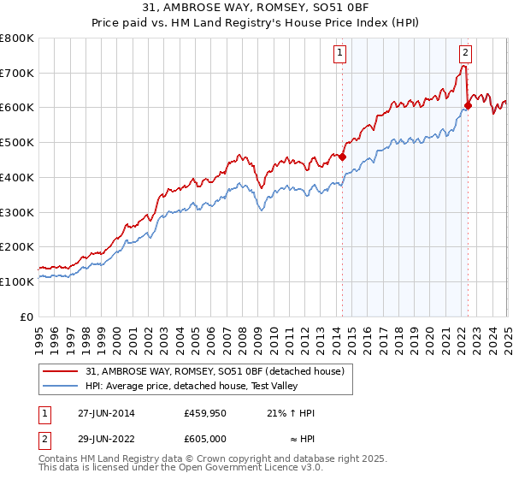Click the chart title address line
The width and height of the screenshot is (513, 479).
point(256,9)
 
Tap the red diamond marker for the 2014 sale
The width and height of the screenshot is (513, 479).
point(342,157)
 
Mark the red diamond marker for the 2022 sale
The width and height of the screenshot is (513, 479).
point(468,106)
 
